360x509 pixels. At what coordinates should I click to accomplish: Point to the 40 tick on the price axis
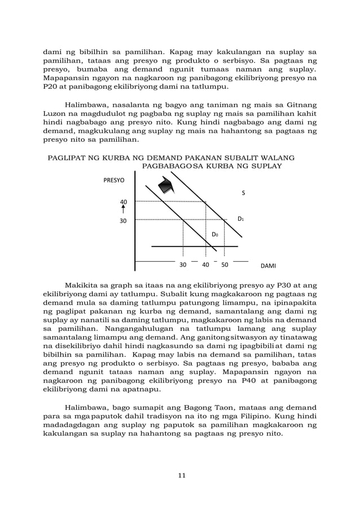point(124,201)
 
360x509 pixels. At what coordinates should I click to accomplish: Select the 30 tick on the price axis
point(123,221)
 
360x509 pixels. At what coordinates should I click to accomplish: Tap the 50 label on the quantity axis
point(225,264)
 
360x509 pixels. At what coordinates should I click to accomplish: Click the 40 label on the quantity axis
point(205,264)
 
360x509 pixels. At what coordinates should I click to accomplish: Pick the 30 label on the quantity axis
point(183,264)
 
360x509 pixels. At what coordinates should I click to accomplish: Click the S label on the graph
point(243,193)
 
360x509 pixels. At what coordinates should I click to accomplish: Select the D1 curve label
point(240,218)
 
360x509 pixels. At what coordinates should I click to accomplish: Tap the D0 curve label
point(215,234)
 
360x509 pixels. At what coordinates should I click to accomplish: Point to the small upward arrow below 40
point(123,210)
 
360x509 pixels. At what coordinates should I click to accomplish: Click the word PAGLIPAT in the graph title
point(66,158)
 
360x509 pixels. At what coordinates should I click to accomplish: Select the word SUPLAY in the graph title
point(267,167)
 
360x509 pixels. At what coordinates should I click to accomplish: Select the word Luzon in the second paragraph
point(56,113)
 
